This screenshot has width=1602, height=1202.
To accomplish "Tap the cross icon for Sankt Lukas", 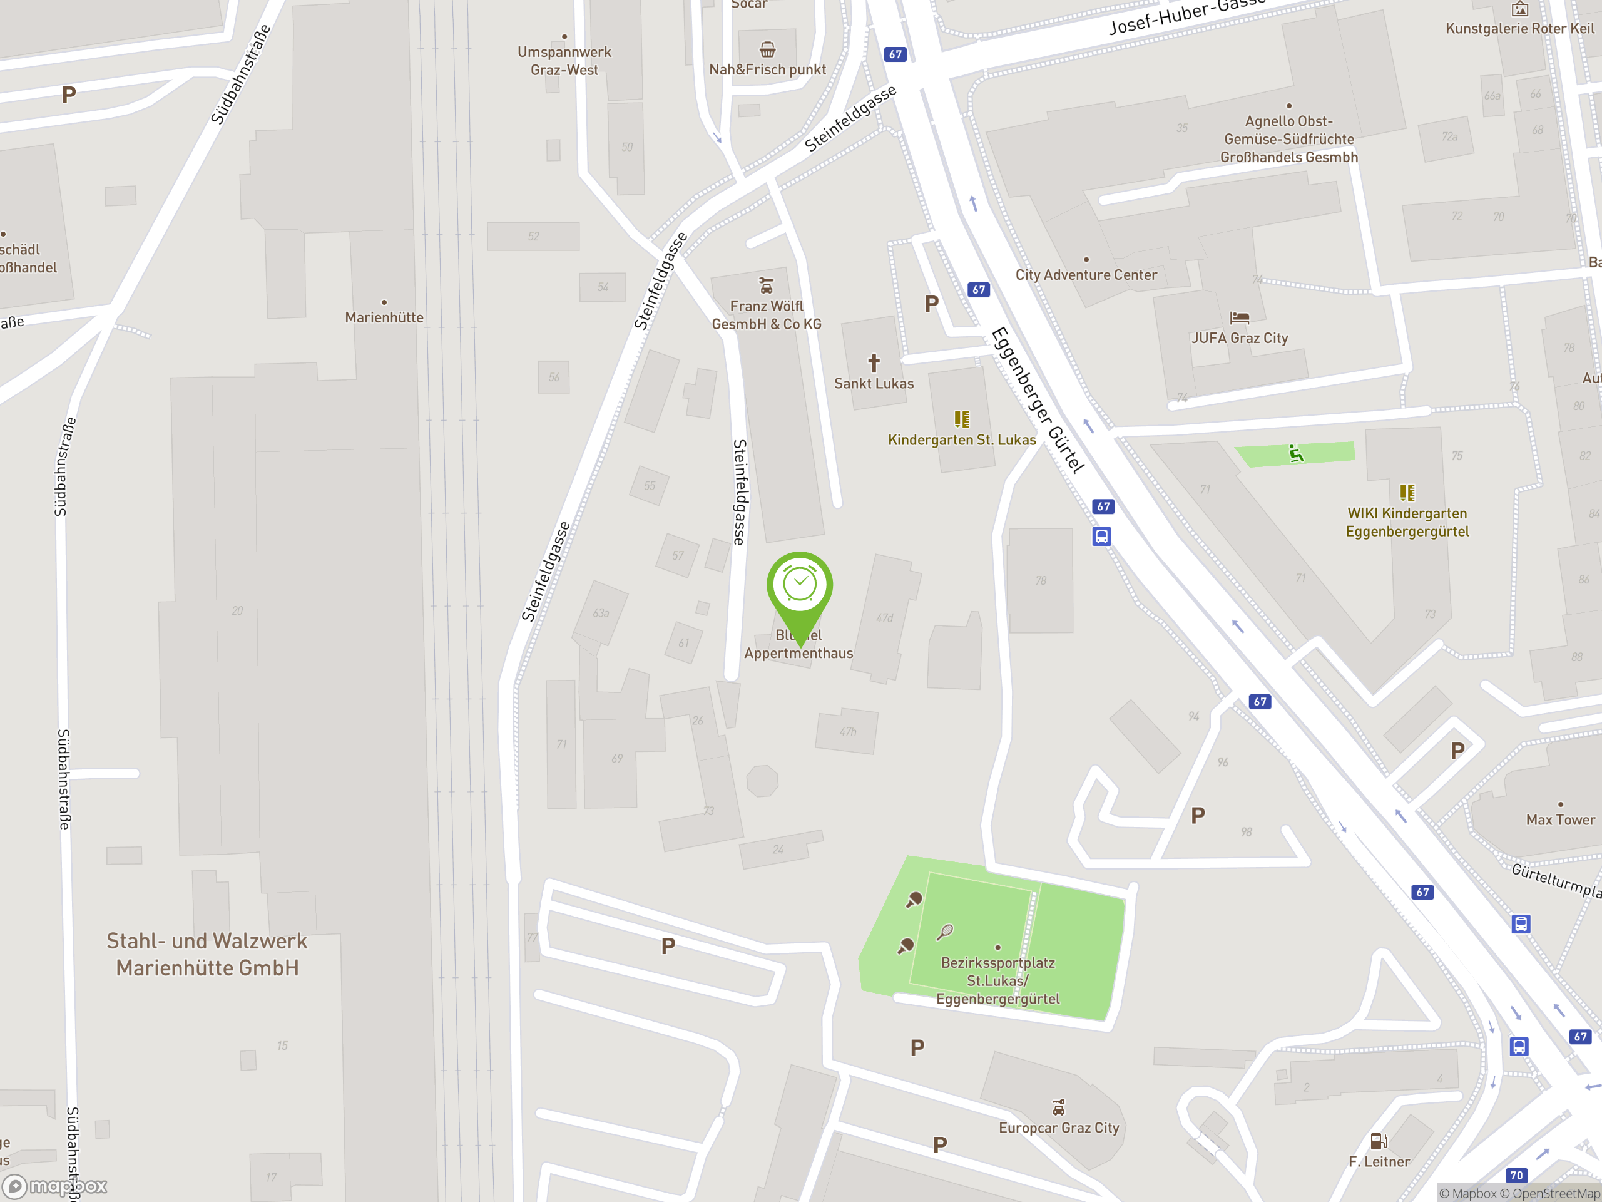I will (874, 362).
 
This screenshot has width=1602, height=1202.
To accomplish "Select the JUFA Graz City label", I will (1239, 337).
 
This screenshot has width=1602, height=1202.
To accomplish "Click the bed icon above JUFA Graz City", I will (1239, 317).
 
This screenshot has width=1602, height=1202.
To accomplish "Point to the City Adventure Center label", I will (1086, 275).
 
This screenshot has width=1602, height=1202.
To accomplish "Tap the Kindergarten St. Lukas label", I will (962, 439).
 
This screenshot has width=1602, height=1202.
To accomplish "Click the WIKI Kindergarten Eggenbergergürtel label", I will (1407, 522).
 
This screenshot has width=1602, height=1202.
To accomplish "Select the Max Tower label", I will (1560, 819).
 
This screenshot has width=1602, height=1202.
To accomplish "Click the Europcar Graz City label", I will (1059, 1128).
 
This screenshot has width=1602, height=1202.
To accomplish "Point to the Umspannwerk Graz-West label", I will (564, 61).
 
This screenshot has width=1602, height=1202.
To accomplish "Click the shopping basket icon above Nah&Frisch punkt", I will (768, 49).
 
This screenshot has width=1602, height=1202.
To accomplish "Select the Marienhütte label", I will (384, 317).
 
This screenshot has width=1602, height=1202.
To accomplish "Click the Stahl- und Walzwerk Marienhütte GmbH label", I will (207, 954).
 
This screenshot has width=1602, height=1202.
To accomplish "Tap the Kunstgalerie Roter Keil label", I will (1519, 28).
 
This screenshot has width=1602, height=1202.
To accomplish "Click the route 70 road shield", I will (1516, 1175).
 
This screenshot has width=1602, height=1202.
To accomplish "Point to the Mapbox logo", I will (55, 1186).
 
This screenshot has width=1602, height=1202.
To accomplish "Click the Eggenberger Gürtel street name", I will (1037, 400).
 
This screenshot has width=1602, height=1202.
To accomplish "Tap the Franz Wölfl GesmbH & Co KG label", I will (766, 315).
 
